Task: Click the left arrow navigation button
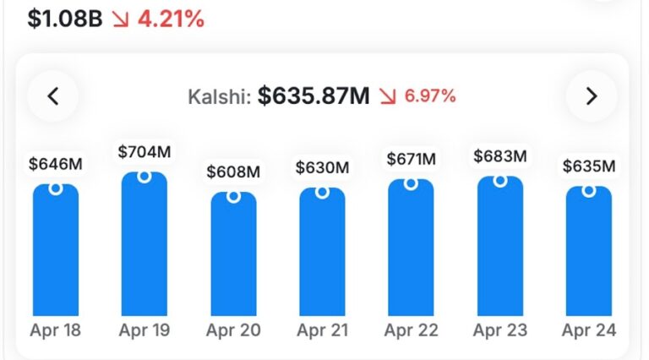click(53, 96)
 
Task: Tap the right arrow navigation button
click(592, 96)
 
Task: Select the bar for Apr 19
click(145, 245)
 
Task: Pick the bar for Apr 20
click(233, 254)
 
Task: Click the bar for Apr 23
click(500, 247)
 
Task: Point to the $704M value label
click(145, 152)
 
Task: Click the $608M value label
click(233, 172)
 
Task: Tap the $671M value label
click(411, 158)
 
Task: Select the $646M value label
click(56, 164)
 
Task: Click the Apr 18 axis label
click(56, 330)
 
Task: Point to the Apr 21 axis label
click(322, 330)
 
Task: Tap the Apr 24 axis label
click(589, 330)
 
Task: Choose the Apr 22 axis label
click(411, 330)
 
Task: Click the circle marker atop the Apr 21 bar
click(322, 192)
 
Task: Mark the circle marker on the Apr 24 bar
click(589, 191)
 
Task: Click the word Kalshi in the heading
click(218, 97)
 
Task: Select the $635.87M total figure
click(314, 96)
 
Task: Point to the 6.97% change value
click(430, 96)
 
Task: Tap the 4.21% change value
click(170, 19)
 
